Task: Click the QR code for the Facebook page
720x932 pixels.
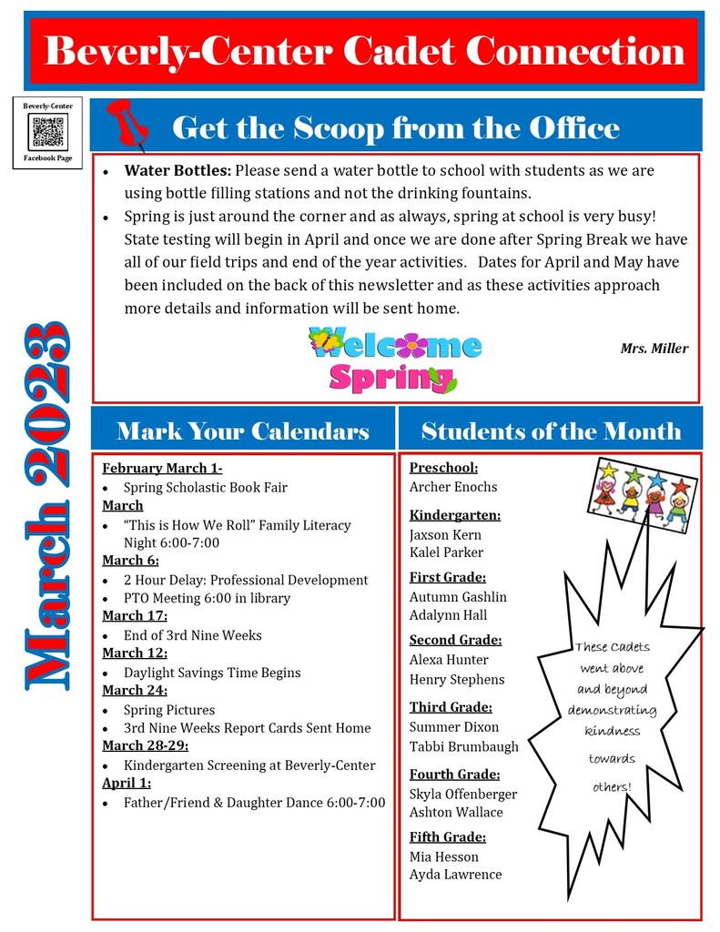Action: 48,133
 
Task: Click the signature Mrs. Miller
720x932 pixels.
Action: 654,349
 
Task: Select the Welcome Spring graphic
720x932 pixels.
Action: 394,360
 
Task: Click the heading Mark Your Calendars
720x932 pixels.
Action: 243,431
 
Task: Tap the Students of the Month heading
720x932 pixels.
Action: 551,431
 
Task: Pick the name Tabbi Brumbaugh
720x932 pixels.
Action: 464,746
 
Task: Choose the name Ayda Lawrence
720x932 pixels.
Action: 455,875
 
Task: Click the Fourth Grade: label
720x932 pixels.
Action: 454,775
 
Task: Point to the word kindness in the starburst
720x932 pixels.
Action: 612,731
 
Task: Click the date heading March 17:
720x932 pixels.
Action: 130,616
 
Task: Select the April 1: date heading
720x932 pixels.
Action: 127,783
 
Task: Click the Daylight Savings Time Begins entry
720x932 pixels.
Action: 212,673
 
